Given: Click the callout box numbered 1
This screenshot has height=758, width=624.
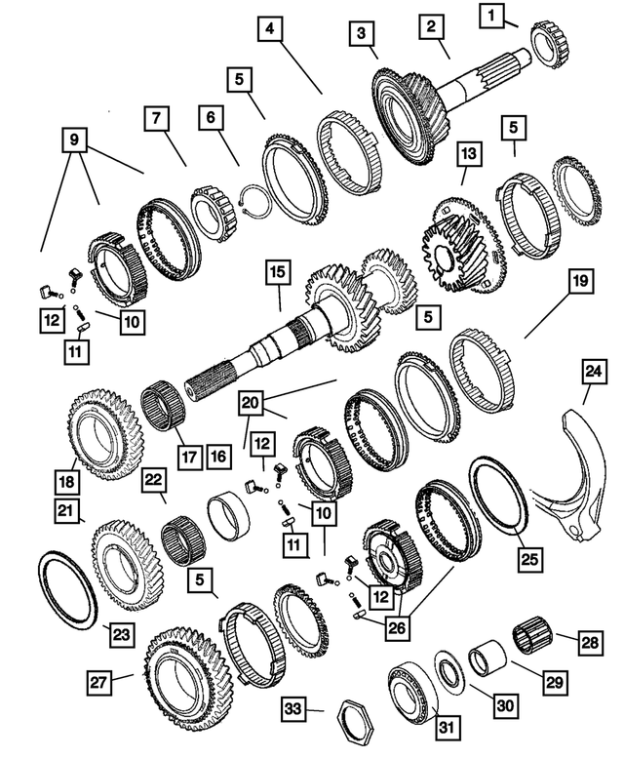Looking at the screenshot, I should (492, 15).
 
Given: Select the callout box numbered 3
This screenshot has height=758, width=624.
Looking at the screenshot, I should (362, 35).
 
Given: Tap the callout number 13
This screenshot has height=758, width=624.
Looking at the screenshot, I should (469, 153).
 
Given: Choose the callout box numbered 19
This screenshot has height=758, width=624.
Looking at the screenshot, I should (579, 283).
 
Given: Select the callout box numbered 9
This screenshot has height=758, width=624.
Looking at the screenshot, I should (75, 140).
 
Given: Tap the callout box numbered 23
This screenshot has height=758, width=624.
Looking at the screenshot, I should (119, 635).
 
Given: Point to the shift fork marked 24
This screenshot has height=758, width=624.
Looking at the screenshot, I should (569, 488).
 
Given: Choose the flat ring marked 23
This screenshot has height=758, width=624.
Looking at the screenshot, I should (67, 591).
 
